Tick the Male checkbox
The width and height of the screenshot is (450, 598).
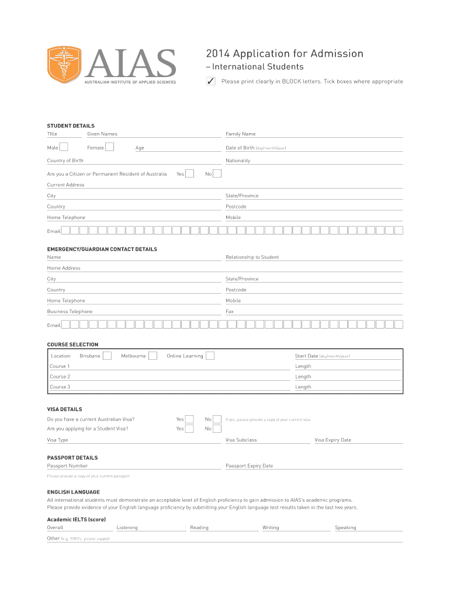click(64, 147)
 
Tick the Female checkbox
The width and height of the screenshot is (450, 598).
click(110, 147)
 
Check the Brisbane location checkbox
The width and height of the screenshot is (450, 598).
click(107, 356)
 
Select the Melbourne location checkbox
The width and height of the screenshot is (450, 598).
click(153, 356)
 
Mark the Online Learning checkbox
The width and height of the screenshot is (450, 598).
click(210, 356)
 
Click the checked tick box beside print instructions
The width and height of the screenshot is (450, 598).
click(211, 81)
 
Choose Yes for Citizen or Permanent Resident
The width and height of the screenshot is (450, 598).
click(189, 173)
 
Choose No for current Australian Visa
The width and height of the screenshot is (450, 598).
click(217, 419)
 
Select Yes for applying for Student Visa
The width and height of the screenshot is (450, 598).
click(189, 429)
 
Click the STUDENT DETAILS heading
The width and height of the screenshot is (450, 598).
click(71, 126)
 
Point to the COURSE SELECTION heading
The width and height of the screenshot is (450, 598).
click(72, 345)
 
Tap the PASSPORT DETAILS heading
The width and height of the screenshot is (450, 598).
click(72, 458)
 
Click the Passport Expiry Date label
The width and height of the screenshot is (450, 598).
click(249, 466)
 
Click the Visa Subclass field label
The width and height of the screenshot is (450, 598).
click(241, 440)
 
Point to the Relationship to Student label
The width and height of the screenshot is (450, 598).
click(252, 257)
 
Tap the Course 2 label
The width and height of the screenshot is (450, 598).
click(60, 377)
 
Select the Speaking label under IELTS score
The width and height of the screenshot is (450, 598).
click(345, 527)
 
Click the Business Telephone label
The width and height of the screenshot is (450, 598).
click(70, 311)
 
